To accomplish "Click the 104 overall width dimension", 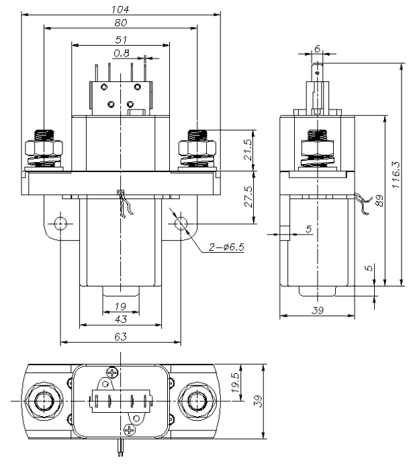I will pyautogui.click(x=121, y=9).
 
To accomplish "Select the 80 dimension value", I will pyautogui.click(x=121, y=23).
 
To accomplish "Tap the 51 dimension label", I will pyautogui.click(x=122, y=40).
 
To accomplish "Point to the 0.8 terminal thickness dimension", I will pyautogui.click(x=122, y=52).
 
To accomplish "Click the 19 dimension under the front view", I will pyautogui.click(x=121, y=307).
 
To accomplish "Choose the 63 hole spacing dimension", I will pyautogui.click(x=121, y=336).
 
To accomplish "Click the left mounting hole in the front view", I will pyautogui.click(x=61, y=222).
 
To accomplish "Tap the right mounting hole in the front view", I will pyautogui.click(x=181, y=222).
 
